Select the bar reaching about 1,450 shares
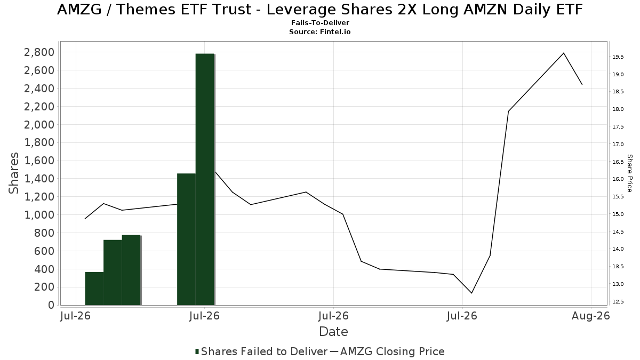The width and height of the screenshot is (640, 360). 186,239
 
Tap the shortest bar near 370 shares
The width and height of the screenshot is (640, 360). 94,289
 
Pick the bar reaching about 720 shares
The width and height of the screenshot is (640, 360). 113,273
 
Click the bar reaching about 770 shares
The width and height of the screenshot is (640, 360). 131,270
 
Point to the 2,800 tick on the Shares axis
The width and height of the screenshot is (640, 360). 39,52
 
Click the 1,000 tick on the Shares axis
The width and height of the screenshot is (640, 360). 39,215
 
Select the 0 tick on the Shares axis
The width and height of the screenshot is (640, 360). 51,305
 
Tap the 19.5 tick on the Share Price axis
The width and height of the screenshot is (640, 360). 618,57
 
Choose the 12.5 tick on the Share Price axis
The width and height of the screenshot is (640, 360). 618,302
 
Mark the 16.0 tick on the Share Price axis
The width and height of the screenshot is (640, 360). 618,179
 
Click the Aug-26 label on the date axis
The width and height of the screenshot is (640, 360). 591,316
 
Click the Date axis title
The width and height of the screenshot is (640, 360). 333,332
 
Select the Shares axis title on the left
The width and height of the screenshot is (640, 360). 13,173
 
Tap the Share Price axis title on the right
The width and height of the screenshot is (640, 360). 629,173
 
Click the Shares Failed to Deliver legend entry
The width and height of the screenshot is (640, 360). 261,351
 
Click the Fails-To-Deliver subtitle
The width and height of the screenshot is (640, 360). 320,22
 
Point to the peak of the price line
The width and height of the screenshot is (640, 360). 563,53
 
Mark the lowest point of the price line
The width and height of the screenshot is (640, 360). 471,293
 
